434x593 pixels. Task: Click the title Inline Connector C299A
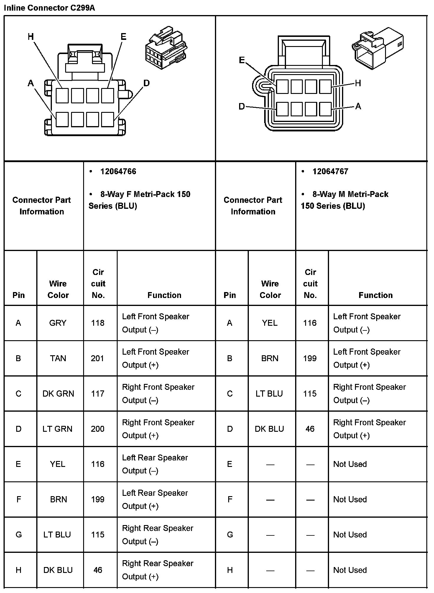[x=49, y=8]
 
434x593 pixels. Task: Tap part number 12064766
[x=118, y=172]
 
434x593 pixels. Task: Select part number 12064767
[x=330, y=172]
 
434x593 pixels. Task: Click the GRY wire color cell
[x=58, y=323]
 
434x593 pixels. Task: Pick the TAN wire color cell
[x=58, y=358]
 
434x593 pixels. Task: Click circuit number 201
[x=98, y=358]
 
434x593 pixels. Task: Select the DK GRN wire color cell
[x=58, y=394]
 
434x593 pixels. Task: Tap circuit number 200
[x=98, y=429]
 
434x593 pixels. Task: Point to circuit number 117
[x=98, y=394]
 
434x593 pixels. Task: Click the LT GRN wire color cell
[x=57, y=429]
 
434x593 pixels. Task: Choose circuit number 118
[x=98, y=323]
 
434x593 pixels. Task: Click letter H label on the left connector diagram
[x=31, y=37]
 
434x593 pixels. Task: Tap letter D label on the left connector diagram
[x=147, y=83]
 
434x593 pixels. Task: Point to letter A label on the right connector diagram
[x=358, y=106]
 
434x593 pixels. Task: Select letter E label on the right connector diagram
[x=242, y=60]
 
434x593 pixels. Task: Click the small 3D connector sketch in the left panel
[x=166, y=48]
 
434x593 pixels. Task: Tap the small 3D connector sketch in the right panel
[x=377, y=48]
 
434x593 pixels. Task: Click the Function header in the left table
[x=164, y=295]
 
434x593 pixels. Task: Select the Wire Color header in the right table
[x=270, y=289]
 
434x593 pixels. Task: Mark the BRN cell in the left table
[x=58, y=499]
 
